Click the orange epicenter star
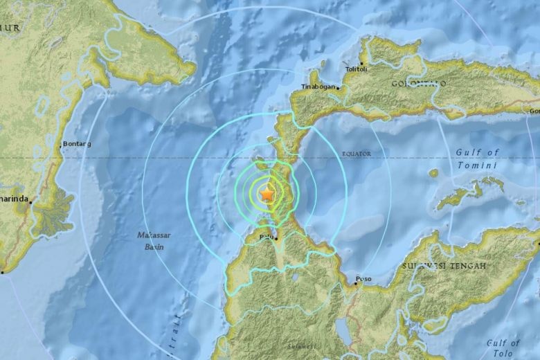267,195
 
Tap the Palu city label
265,236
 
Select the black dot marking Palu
276,239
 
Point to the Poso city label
363,279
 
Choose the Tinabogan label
318,87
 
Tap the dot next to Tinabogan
338,87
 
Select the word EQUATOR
356,154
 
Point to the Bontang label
76,143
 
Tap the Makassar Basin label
153,240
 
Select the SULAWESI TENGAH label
444,265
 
